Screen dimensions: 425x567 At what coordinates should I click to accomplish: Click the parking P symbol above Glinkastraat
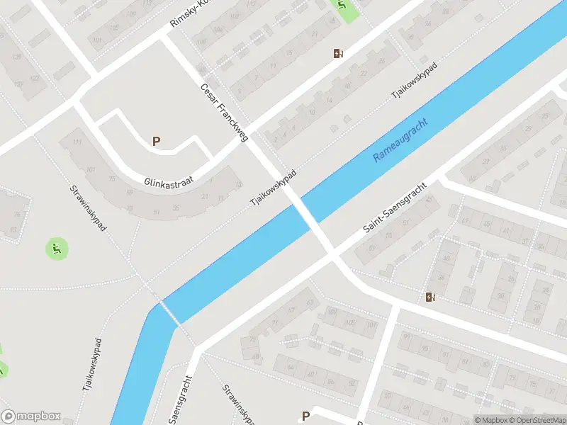pyautogui.click(x=156, y=141)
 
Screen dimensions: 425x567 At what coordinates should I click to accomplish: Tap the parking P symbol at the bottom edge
pyautogui.click(x=306, y=416)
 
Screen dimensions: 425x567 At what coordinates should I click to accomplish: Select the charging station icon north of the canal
pyautogui.click(x=339, y=54)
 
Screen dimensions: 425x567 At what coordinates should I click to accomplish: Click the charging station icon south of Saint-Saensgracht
pyautogui.click(x=430, y=297)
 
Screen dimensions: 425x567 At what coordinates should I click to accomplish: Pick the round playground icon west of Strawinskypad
pyautogui.click(x=56, y=249)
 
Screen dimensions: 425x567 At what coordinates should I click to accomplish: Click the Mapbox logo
pyautogui.click(x=30, y=416)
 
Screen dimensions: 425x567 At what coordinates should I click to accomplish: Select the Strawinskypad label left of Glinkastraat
pyautogui.click(x=87, y=209)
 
